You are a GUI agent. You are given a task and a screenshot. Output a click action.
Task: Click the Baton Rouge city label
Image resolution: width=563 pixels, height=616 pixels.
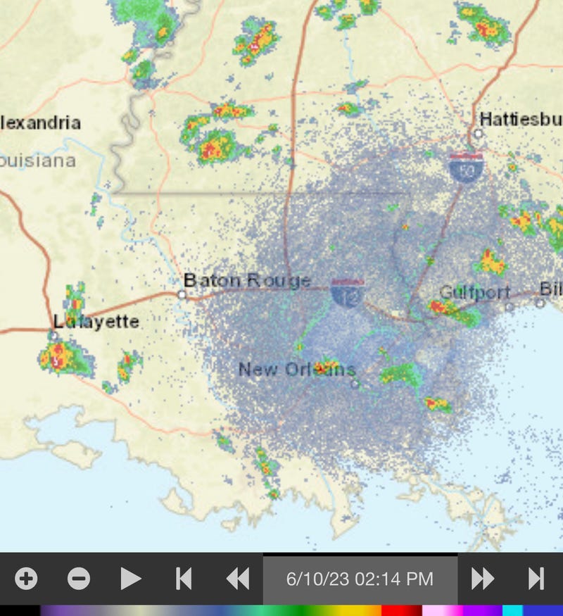coord(247,280)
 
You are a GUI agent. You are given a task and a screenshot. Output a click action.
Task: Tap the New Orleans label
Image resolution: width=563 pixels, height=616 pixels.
coord(297,369)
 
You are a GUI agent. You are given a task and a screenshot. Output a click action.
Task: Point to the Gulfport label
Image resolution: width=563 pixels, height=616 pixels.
coord(474,292)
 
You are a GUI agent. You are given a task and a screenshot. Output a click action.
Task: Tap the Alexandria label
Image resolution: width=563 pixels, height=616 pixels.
coord(40,123)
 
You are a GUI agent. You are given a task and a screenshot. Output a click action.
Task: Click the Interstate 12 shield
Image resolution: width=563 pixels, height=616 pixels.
coord(348,291)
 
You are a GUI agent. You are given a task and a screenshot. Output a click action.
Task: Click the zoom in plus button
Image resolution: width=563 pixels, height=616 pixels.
coord(27,579)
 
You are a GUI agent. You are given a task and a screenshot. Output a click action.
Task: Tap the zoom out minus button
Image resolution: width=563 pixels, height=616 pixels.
coord(79,579)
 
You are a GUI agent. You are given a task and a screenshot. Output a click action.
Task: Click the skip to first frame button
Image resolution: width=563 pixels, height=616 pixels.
coord(184,579)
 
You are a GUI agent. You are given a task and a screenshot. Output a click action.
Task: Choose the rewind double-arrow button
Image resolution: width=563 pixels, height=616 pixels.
coord(238,579)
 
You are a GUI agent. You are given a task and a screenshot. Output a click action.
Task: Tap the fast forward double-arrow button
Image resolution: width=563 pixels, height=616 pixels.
coord(483,579)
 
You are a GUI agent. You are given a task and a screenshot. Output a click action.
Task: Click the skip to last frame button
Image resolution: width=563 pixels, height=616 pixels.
coord(536,579)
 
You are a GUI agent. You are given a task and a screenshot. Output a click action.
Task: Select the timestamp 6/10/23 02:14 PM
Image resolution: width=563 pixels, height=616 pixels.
coord(360,579)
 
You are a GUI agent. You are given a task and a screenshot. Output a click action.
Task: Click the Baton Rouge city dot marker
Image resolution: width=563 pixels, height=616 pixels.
coord(182,294)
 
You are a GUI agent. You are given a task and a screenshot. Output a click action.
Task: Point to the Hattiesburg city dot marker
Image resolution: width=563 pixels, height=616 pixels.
coord(478,133)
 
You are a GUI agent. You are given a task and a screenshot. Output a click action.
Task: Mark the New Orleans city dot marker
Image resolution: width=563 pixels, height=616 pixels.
coord(355,384)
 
